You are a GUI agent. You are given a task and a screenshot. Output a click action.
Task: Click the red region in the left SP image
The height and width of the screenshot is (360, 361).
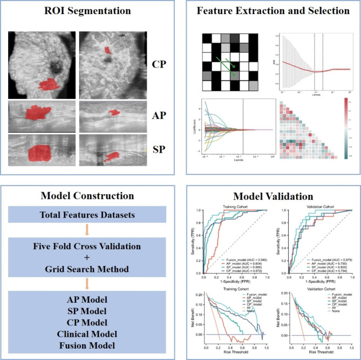[x=40, y=153]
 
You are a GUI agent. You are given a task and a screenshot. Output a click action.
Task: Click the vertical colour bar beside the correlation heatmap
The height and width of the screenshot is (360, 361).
[x=346, y=127]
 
